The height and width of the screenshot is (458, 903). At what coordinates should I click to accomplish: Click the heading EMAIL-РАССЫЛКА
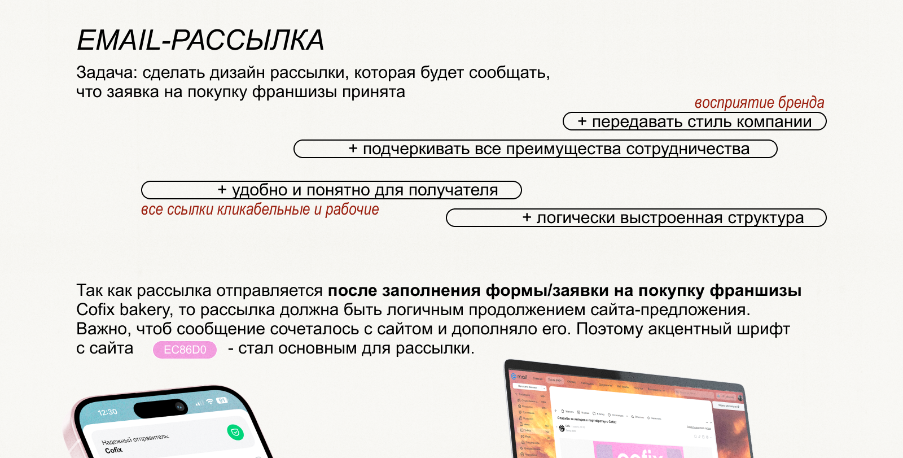click(200, 40)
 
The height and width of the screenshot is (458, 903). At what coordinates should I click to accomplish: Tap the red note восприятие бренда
click(759, 102)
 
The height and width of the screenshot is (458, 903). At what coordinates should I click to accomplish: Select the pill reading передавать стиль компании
click(695, 121)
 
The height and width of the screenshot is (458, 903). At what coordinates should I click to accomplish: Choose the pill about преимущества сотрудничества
click(536, 149)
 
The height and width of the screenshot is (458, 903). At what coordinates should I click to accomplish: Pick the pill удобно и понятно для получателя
click(331, 190)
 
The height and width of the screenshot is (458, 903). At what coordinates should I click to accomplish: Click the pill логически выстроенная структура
click(636, 218)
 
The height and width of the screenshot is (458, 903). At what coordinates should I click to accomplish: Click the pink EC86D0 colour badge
click(185, 350)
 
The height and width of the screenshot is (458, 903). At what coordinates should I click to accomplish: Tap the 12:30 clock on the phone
click(108, 412)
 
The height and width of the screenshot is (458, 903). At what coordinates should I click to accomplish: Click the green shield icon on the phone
click(235, 433)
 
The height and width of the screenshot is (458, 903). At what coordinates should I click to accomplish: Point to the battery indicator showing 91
click(222, 400)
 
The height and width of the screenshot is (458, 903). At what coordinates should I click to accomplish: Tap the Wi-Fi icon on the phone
click(209, 402)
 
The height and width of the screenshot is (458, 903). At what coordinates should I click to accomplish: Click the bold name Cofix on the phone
click(113, 450)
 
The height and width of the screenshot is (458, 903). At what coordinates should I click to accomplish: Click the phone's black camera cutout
click(161, 408)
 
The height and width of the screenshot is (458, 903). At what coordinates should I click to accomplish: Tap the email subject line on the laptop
click(587, 420)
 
